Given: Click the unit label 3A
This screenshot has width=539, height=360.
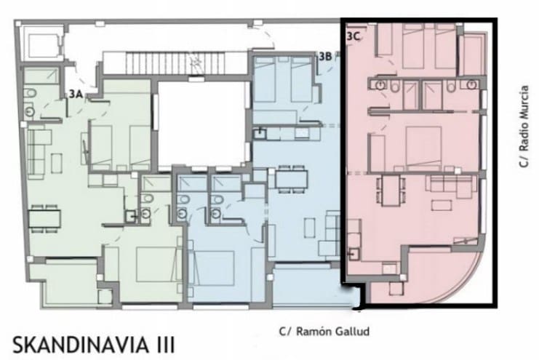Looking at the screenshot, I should click(75, 93).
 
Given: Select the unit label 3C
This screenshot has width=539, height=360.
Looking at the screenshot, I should click(354, 34).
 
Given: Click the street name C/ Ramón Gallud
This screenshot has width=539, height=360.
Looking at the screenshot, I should click(324, 332).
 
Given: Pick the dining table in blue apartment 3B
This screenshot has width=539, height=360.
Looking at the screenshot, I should click(292, 177).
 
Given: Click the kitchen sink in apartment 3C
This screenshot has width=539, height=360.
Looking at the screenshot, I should click(354, 254).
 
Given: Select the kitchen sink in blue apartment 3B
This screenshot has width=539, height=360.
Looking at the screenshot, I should click(261, 133).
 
